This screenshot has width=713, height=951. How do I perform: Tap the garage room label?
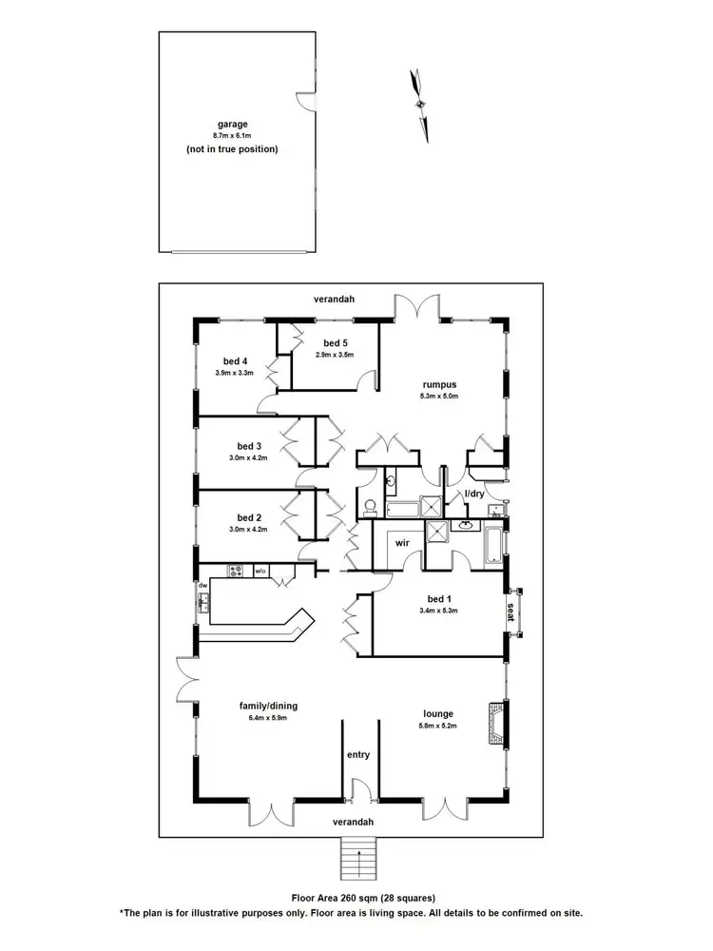click(232, 124)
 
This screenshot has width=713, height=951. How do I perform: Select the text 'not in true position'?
click(232, 149)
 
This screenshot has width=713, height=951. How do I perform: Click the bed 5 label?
click(336, 343)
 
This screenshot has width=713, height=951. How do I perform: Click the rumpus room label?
click(440, 384)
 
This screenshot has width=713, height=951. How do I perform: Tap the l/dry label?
click(474, 495)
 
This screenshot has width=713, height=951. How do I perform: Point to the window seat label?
click(511, 611)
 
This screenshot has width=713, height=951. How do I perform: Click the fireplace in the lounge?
click(496, 725)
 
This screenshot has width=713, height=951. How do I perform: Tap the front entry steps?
click(358, 861)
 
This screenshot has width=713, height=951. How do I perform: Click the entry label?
click(358, 755)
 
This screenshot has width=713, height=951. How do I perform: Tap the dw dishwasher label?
click(202, 585)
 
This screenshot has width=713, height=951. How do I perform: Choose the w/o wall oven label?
click(260, 571)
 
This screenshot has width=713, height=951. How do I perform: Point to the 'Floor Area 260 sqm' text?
click(362, 897)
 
